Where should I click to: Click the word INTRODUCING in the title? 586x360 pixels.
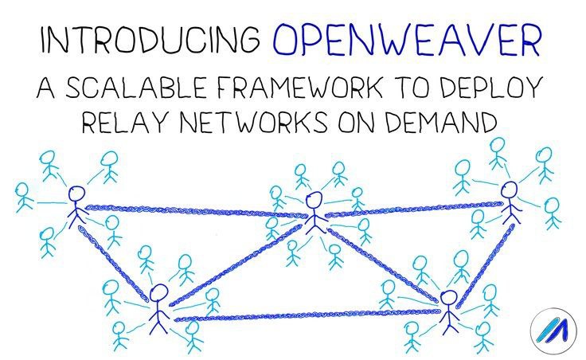pos(150,39)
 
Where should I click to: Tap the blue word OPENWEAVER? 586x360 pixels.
pos(407,39)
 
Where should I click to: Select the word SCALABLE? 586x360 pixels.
pos(135,88)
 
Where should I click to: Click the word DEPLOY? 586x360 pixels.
pos(490,88)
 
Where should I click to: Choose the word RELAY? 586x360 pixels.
pos(123,121)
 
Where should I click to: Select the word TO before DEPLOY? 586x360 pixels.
pos(410,88)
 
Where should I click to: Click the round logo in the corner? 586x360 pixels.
pos(553,331)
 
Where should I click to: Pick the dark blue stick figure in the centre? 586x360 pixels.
pos(314,213)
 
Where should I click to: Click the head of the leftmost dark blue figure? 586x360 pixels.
pos(77,194)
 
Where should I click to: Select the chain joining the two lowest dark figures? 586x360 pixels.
pos(307,315)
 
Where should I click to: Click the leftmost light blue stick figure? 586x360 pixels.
pos(23,198)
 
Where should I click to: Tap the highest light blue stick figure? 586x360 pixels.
pos(498,153)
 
